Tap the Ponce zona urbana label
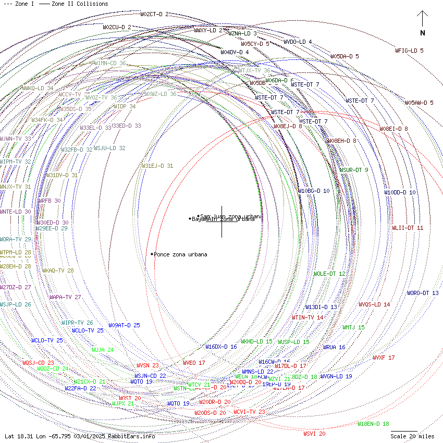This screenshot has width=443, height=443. tap(180, 254)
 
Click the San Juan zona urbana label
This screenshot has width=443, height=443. tap(231, 216)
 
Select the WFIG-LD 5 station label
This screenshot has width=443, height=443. tap(409, 51)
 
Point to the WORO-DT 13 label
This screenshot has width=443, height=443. tap(423, 293)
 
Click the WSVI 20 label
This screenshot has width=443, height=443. tap(314, 434)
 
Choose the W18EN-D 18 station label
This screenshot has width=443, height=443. tap(373, 424)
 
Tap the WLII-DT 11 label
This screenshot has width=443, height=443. tap(408, 228)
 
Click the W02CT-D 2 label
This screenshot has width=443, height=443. tap(154, 14)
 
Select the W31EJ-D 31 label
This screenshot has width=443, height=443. tap(157, 166)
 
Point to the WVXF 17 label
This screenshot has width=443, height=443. tap(384, 358)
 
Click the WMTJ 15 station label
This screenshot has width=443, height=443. tap(353, 327)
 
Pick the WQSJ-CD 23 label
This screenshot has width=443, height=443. tap(38, 362)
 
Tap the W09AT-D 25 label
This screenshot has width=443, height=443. tap(124, 325)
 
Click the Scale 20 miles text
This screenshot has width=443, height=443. tap(413, 436)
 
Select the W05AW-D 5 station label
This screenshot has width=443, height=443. tap(419, 103)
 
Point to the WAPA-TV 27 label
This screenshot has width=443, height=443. tap(65, 297)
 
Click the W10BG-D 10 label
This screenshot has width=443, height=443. tap(314, 191)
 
